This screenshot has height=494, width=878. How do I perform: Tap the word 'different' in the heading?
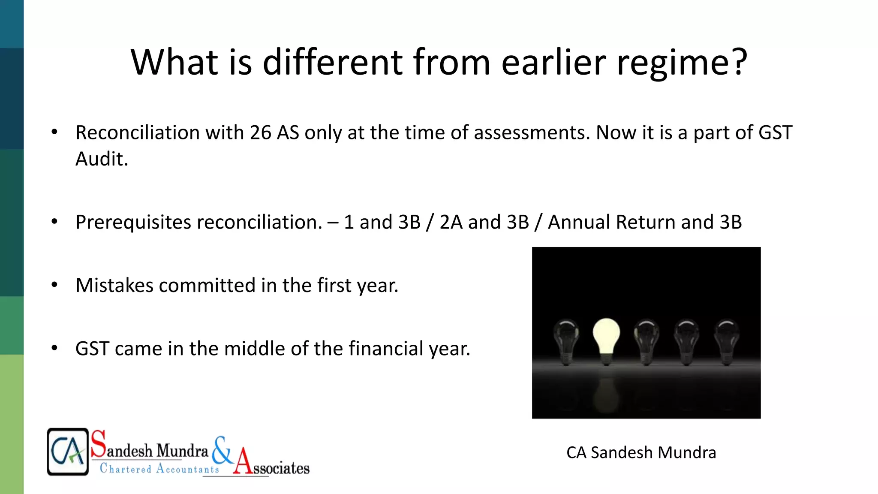332,62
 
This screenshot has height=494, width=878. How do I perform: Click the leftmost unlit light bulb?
566,341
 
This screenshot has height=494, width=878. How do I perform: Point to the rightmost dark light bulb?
727,341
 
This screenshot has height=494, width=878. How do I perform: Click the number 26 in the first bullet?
260,133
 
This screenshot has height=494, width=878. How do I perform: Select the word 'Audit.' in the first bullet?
102,159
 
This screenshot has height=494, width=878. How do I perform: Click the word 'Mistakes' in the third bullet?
114,285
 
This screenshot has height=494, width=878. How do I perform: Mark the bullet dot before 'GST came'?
54,348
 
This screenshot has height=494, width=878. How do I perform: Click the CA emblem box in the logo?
68,452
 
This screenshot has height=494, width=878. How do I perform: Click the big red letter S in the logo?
98,444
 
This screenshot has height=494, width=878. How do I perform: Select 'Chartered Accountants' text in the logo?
159,468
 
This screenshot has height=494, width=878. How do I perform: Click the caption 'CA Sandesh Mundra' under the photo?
641,453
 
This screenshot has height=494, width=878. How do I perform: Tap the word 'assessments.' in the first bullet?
532,133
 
